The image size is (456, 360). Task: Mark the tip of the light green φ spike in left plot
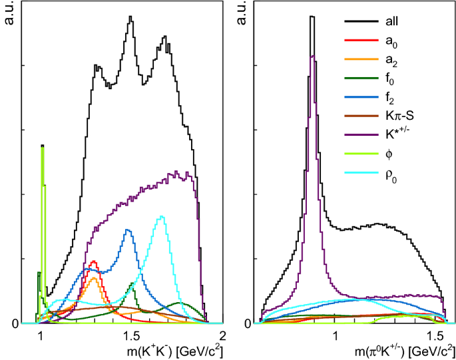(x=43, y=146)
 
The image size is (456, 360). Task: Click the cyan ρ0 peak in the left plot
(x=161, y=216)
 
